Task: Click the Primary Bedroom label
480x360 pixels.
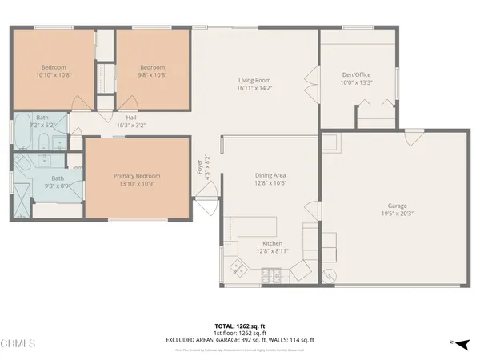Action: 137,176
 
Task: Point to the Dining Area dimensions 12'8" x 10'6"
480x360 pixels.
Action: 270,182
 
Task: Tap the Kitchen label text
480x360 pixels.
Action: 272,243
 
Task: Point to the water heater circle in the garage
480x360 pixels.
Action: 328,274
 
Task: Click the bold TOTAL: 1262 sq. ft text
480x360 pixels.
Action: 239,326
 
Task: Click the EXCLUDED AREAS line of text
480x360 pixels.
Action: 239,339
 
